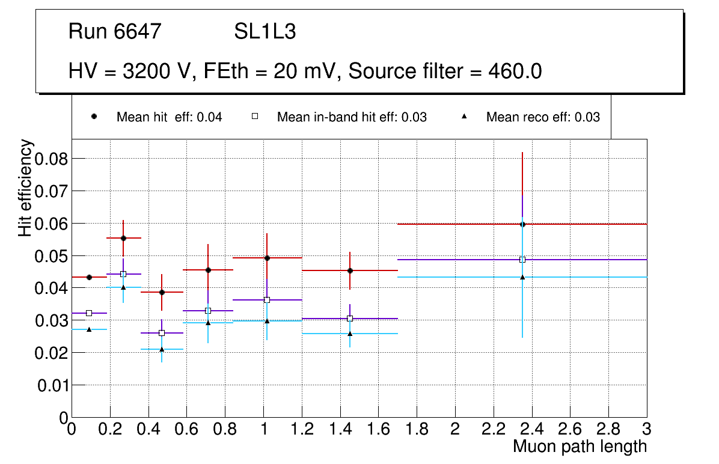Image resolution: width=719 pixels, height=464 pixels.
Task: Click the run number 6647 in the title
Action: coord(139,32)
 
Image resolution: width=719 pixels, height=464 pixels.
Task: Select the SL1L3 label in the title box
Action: coord(265,32)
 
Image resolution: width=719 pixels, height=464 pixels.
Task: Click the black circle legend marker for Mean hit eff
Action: coord(94,117)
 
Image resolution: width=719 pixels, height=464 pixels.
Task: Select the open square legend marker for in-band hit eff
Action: coord(254,117)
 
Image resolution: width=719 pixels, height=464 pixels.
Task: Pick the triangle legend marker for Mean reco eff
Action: coord(464,117)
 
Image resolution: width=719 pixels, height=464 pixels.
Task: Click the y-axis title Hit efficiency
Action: coord(25,188)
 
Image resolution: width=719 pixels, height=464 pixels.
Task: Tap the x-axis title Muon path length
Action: coord(580,447)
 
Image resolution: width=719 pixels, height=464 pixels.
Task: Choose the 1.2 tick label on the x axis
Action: coord(301,429)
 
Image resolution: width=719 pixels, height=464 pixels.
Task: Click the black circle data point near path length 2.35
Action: coord(522,224)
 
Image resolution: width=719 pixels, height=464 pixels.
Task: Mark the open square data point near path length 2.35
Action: coord(522,260)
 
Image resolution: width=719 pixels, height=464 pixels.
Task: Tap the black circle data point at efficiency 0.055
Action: coord(123,238)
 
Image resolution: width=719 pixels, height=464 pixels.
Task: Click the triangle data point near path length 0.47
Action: coord(162,349)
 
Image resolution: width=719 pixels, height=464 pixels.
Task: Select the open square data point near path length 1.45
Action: coord(350,319)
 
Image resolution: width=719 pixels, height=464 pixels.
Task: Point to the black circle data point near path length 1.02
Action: coord(267,258)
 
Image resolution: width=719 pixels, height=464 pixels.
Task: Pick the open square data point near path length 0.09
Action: coord(89,313)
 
